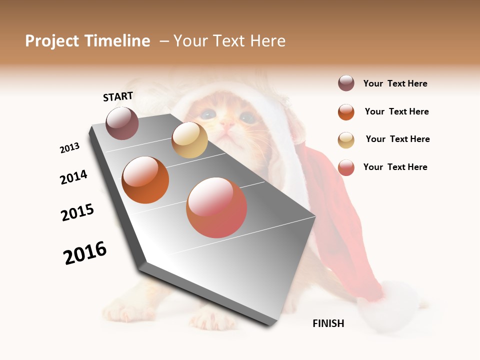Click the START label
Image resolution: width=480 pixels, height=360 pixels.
point(118,96)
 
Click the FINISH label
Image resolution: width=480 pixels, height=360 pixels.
point(328,323)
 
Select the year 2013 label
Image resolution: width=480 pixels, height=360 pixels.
point(69,148)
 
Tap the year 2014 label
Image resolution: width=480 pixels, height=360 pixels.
point(73,177)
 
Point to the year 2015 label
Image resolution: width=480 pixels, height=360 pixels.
point(77,212)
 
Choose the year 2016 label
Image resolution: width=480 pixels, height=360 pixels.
point(85,253)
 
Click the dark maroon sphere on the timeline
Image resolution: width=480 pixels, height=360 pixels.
point(122,123)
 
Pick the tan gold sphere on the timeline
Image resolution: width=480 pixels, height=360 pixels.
point(189,140)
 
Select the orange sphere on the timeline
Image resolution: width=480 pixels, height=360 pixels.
point(145,180)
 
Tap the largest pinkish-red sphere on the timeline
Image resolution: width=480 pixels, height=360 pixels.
point(216,207)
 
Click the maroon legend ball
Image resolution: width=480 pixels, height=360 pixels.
point(346,83)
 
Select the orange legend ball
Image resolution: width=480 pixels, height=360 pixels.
point(346,112)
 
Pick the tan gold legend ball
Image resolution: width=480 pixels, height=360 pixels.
point(346,140)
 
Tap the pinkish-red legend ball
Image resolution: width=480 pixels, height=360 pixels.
point(346,167)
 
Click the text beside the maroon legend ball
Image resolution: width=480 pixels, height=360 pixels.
point(395,83)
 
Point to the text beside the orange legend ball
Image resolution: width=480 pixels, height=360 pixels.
point(396,111)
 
